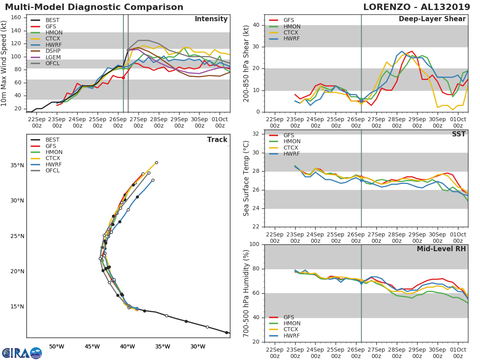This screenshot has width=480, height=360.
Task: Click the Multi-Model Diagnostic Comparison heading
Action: pos(94,7)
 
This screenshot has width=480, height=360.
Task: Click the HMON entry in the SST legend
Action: pos(292,141)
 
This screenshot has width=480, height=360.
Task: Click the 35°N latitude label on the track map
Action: pos(17,166)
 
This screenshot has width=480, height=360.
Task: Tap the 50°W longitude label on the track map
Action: pos(56,346)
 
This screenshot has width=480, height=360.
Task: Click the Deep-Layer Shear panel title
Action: pos(432,19)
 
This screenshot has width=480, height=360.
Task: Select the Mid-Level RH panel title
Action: pos(441,249)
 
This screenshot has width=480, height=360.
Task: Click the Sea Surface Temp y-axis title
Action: pos(247,179)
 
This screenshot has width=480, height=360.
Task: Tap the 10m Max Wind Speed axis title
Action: pos(4,63)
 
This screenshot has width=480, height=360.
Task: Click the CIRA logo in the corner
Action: pos(22,353)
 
